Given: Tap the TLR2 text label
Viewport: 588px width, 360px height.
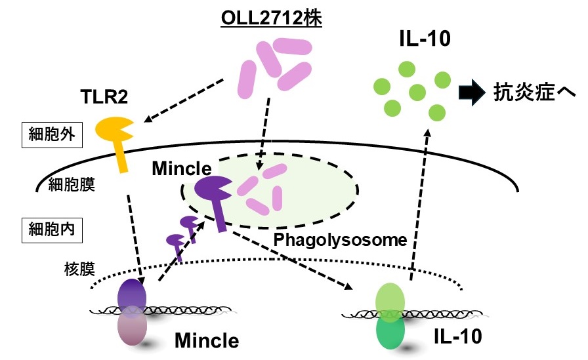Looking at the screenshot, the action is tap(104, 96).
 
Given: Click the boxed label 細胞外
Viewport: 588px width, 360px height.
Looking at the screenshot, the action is tap(52, 135).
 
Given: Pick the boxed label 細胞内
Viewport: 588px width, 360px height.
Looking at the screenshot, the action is tap(52, 230).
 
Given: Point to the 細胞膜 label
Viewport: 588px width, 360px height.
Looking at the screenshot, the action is tap(72, 184).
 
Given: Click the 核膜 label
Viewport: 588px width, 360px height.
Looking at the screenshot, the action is tap(79, 269).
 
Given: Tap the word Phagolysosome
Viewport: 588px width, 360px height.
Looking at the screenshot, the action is tap(340, 240).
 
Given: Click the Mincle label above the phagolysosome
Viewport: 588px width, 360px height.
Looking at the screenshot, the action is tap(182, 169).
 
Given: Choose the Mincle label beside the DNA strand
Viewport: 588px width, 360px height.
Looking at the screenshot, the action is tap(207, 340).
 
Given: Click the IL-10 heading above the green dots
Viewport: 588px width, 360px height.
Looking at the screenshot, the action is tap(425, 39).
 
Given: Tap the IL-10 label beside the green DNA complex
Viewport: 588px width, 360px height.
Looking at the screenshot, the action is tap(457, 336).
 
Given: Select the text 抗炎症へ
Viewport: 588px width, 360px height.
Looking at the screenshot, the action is tap(534, 92).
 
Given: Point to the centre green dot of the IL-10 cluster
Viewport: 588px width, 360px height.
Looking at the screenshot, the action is tap(417, 92).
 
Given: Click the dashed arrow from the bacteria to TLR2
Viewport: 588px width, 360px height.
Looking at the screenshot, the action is tap(184, 100).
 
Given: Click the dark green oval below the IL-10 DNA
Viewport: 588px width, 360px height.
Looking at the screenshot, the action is tap(390, 332).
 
